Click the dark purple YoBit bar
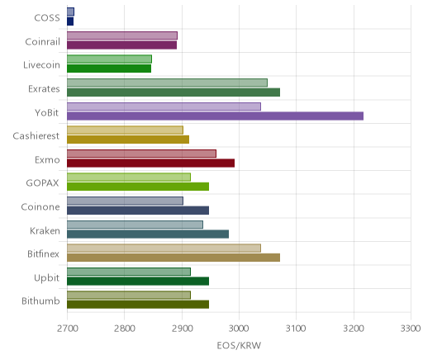[x=215, y=116]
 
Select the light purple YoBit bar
[x=164, y=107]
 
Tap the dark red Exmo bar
[x=150, y=163]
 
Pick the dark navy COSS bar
[x=70, y=21]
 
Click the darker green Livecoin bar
[x=109, y=69]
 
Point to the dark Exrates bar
[x=173, y=92]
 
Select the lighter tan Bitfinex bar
[x=164, y=248]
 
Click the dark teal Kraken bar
[x=148, y=234]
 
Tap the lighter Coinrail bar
[x=122, y=36]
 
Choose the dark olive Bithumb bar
[x=138, y=305]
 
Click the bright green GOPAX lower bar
[x=138, y=187]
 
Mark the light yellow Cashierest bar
[x=125, y=130]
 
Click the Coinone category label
[x=40, y=207]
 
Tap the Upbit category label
[x=46, y=277]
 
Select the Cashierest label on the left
[x=36, y=136]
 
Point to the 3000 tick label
[x=240, y=329]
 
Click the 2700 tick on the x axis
[x=68, y=329]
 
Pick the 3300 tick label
[x=411, y=329]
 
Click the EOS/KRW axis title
[x=239, y=345]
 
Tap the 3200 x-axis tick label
[x=354, y=329]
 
